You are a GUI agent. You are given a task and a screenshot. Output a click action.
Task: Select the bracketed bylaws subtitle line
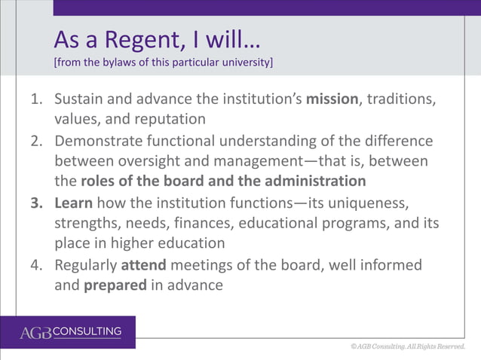[x=163, y=62]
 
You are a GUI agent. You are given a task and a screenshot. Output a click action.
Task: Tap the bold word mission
[x=332, y=99]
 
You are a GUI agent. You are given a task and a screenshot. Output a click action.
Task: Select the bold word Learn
[x=72, y=203]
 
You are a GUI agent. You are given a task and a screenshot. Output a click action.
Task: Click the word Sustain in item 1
[x=79, y=99]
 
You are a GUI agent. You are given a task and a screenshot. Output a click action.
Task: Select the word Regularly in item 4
[x=84, y=265]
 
